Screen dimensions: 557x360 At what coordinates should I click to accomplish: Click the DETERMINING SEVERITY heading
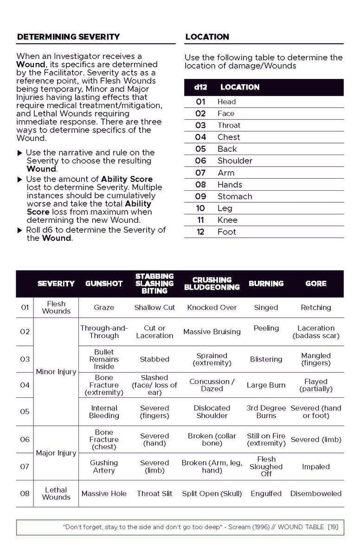click(x=68, y=37)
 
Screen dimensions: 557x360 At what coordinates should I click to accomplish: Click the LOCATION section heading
click(x=207, y=37)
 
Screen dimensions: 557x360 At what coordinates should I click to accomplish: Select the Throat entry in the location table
click(x=229, y=125)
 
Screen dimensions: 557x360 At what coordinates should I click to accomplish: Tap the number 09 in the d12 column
click(x=200, y=196)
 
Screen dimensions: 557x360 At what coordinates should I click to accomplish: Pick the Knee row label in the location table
click(x=227, y=220)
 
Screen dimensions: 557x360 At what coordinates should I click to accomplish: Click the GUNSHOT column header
click(x=103, y=284)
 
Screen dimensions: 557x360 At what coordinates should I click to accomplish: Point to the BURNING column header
click(x=266, y=284)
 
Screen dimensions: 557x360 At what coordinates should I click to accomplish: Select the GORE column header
click(x=316, y=284)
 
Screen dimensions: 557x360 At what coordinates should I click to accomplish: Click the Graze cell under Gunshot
click(x=104, y=307)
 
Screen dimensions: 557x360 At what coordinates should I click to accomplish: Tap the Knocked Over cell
click(x=212, y=307)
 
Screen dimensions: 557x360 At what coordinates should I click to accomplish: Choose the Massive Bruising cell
click(x=212, y=332)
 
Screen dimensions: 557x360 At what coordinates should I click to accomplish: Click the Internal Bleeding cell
click(x=104, y=412)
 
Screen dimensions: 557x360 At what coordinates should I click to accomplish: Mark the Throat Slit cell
click(x=154, y=493)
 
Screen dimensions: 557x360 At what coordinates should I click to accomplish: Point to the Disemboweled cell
click(x=316, y=493)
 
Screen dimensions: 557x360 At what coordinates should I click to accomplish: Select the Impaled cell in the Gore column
click(x=316, y=466)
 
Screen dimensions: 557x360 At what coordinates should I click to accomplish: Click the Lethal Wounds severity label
click(x=56, y=493)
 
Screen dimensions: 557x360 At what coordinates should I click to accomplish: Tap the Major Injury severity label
click(x=56, y=453)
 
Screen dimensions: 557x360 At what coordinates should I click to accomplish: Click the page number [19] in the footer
click(x=332, y=527)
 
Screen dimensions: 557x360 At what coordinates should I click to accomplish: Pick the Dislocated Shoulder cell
click(x=212, y=412)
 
